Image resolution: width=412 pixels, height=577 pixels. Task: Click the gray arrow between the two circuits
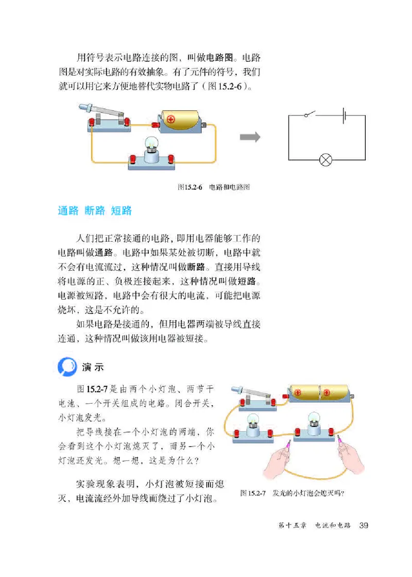tap(250, 137)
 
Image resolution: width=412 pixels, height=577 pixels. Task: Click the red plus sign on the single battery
tap(170, 119)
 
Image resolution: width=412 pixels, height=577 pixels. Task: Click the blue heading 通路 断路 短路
tap(95, 211)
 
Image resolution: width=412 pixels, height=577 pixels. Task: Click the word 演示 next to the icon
tap(93, 368)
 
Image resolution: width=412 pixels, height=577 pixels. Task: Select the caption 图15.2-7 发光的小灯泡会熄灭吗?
tap(292, 492)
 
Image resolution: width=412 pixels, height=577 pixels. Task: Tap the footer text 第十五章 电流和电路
tap(314, 525)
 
